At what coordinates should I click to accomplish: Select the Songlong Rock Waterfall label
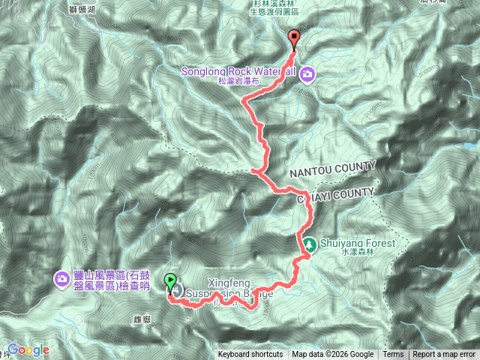(x=240, y=72)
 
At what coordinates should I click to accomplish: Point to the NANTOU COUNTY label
(x=328, y=170)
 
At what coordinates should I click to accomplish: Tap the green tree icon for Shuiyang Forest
(x=309, y=244)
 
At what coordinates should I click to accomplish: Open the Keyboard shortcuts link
(x=250, y=355)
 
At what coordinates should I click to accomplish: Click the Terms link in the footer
(x=393, y=355)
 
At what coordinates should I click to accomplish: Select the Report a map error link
(x=445, y=355)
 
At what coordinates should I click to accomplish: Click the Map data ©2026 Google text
(x=333, y=355)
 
